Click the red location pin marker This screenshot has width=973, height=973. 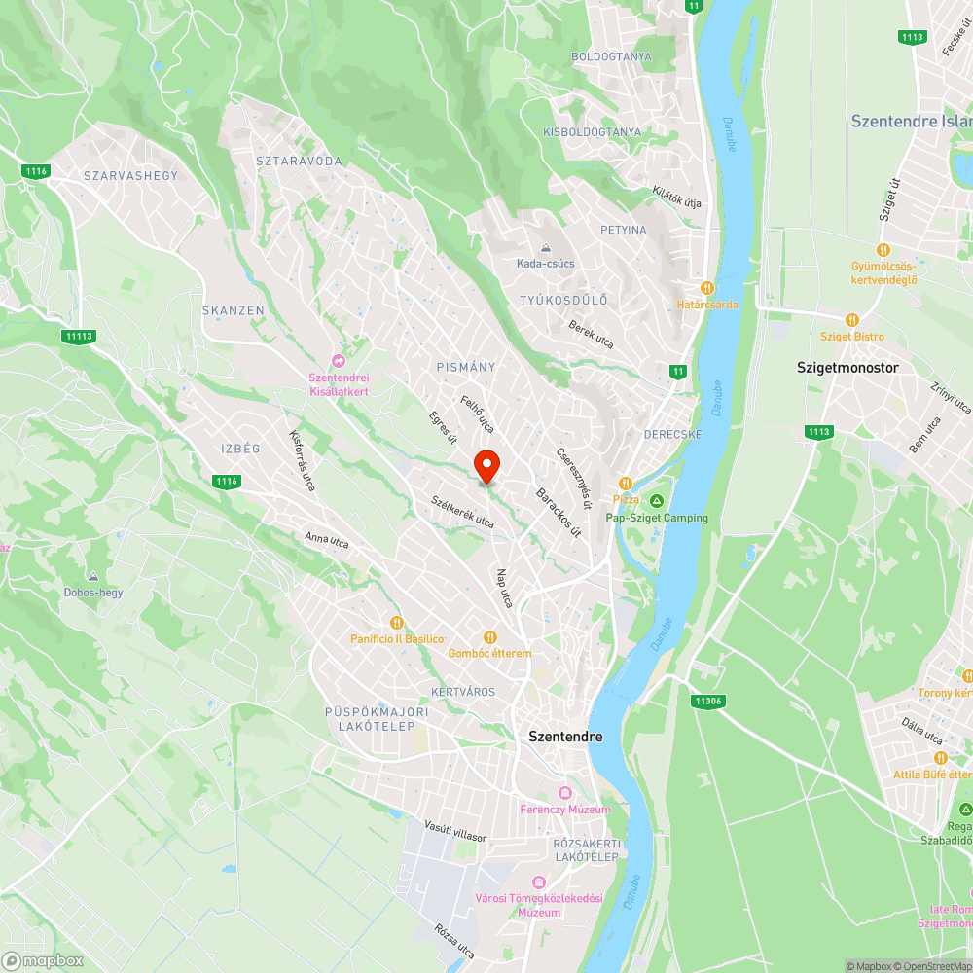(486, 465)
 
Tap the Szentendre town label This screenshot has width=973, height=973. (564, 737)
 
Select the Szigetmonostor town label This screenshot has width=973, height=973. (847, 368)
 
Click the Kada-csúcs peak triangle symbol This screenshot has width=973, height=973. (545, 247)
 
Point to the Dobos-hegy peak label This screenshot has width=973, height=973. (92, 591)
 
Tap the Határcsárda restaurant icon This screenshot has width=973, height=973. (707, 288)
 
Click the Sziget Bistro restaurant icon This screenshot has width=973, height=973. (852, 319)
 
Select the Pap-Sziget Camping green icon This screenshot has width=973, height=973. (657, 500)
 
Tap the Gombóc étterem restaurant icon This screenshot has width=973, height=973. (489, 636)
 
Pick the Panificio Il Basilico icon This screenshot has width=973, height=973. (396, 622)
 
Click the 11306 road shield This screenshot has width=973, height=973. (708, 701)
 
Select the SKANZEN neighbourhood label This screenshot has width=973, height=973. (233, 310)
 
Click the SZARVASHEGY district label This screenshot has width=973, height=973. (131, 175)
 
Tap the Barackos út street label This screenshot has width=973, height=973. (559, 512)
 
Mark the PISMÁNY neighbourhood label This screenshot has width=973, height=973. (466, 367)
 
